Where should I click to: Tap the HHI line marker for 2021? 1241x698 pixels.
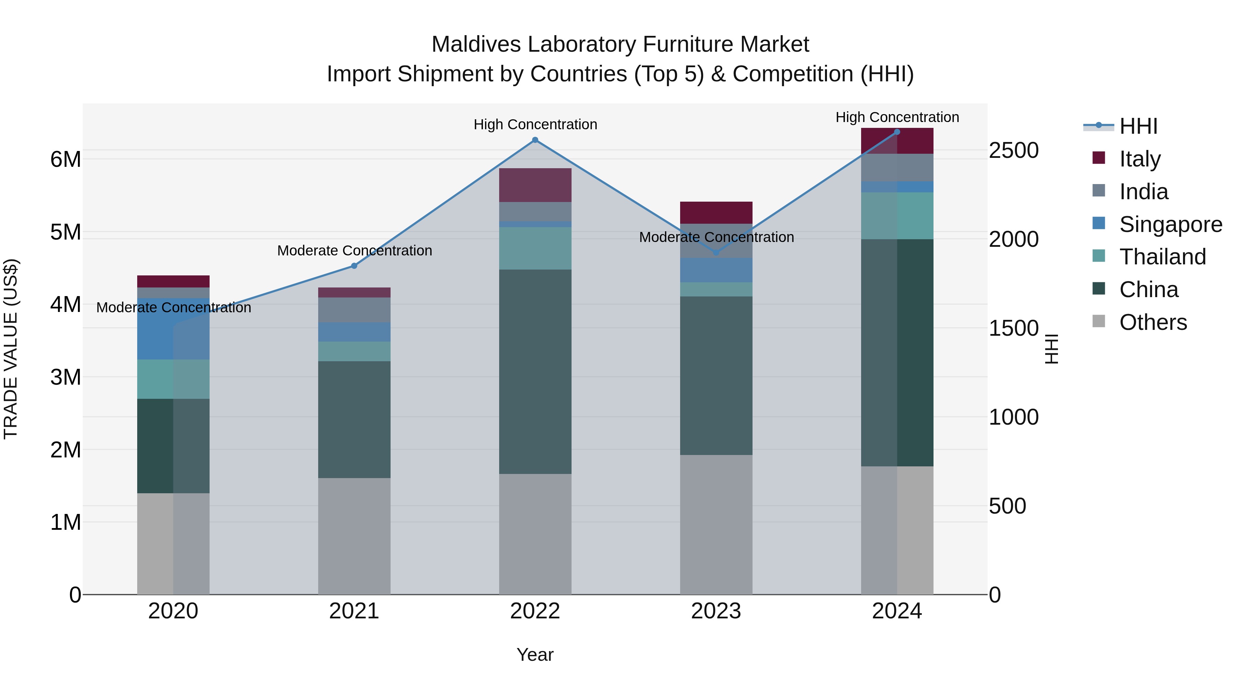(354, 266)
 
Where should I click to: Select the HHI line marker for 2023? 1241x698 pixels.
(716, 252)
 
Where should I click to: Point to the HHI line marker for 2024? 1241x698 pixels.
(897, 132)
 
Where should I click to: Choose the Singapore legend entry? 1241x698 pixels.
(1170, 224)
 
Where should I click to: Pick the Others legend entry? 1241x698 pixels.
(1153, 322)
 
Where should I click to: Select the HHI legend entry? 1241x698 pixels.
(1138, 126)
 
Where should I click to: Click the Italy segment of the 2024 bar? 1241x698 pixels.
(897, 141)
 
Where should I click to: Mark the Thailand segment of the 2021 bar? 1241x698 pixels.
(354, 351)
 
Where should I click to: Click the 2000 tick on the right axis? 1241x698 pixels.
(1013, 240)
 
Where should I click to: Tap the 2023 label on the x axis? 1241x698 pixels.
(716, 611)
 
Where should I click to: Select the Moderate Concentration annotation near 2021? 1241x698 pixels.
(355, 251)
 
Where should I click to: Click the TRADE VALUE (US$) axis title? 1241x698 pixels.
(11, 349)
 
